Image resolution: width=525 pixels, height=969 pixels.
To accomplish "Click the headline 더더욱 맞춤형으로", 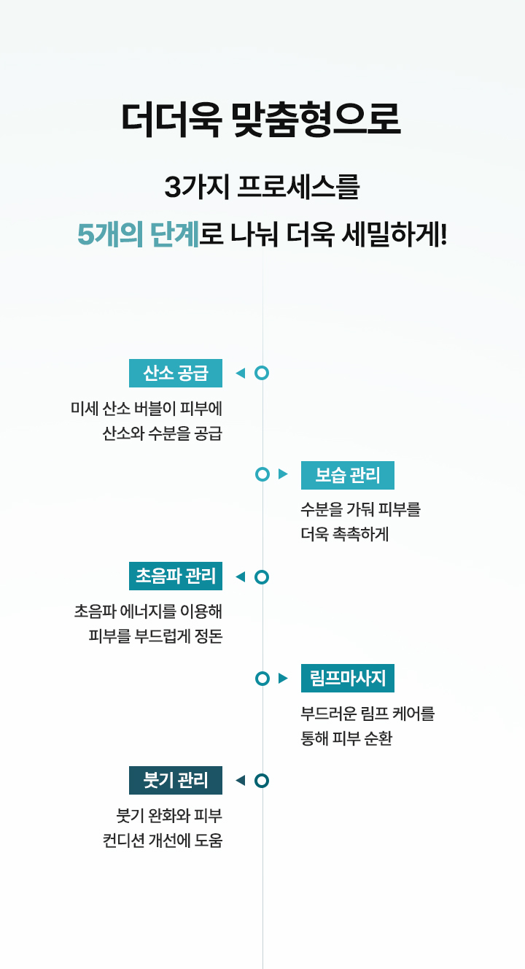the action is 261,120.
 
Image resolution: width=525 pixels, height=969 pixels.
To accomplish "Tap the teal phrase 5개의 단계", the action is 139,234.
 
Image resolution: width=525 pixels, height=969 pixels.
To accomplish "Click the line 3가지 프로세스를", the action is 262,188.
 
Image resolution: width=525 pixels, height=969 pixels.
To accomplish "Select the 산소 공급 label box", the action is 176,373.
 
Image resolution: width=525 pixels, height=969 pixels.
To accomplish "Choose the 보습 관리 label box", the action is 348,475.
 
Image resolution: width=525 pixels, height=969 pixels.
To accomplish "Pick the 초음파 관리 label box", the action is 176,576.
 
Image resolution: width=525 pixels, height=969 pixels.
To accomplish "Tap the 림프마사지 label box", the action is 348,678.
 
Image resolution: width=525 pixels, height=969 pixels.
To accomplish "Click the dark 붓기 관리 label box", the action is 176,780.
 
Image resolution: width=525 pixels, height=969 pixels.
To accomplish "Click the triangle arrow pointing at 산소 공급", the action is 241,373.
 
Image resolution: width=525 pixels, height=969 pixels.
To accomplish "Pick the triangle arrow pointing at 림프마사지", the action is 283,678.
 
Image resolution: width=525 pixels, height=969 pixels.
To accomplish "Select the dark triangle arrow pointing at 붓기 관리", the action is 241,780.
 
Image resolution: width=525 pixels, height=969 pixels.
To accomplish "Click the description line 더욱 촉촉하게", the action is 345,534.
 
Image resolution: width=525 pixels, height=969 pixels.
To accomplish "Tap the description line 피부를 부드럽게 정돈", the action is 156,636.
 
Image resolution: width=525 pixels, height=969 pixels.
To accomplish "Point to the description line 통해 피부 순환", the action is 346,738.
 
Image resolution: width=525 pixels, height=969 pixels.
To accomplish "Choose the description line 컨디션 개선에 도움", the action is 163,840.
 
